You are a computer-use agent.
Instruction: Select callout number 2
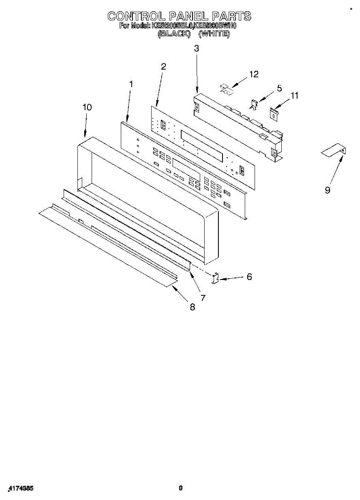click(163, 66)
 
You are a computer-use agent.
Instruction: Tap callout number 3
click(196, 48)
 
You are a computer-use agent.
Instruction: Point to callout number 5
click(279, 88)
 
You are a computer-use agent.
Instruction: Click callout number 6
click(249, 276)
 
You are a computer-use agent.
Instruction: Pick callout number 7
click(203, 297)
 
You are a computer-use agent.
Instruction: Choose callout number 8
click(192, 307)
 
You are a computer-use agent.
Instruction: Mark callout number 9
click(327, 190)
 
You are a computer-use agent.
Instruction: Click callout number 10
click(87, 107)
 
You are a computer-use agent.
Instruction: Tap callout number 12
click(253, 74)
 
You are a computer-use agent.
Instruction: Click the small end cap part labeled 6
click(215, 278)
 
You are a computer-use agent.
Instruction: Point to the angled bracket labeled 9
click(334, 150)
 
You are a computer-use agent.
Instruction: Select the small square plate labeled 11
click(274, 113)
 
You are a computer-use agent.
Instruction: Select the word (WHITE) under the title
click(214, 34)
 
